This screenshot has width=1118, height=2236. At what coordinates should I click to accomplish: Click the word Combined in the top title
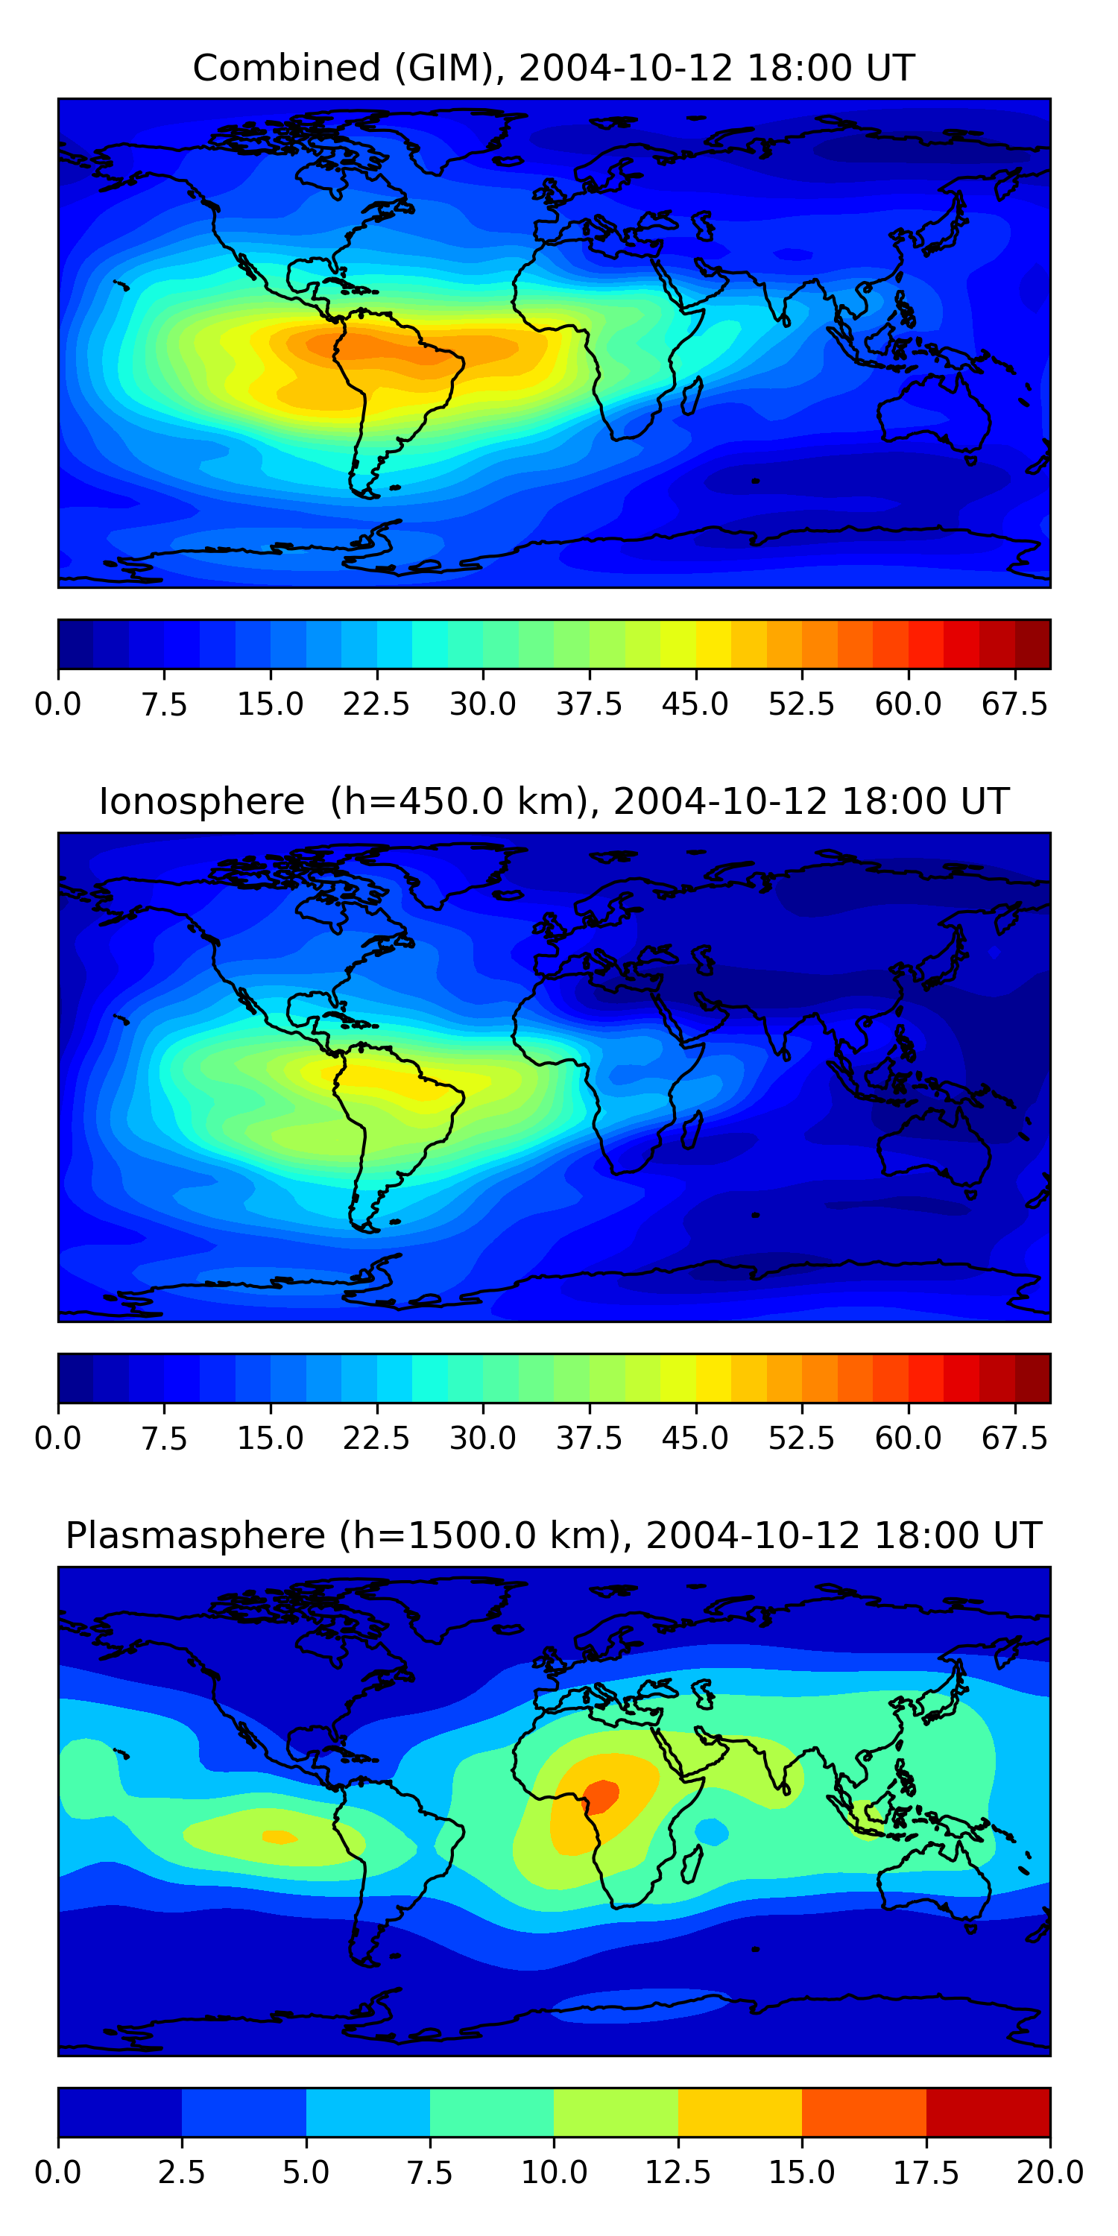pyautogui.click(x=286, y=68)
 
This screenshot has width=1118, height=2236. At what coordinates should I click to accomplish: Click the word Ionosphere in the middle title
pyautogui.click(x=201, y=801)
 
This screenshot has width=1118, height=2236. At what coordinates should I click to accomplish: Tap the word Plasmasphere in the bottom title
pyautogui.click(x=195, y=1535)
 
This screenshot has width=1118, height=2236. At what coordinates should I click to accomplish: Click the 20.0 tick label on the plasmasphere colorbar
pyautogui.click(x=1049, y=2173)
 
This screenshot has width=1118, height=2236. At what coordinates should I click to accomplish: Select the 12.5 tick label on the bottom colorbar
pyautogui.click(x=678, y=2173)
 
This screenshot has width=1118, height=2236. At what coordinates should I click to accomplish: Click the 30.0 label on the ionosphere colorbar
pyautogui.click(x=483, y=1438)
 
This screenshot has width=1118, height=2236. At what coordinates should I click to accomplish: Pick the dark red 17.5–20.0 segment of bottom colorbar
pyautogui.click(x=988, y=2112)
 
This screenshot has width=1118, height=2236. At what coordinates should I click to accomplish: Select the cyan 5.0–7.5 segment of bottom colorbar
pyautogui.click(x=368, y=2112)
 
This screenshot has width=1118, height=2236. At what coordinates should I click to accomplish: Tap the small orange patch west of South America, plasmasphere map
pyautogui.click(x=279, y=1837)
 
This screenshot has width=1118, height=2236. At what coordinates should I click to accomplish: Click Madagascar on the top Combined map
pyautogui.click(x=692, y=396)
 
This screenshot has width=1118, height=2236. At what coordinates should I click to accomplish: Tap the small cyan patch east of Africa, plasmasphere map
pyautogui.click(x=712, y=1831)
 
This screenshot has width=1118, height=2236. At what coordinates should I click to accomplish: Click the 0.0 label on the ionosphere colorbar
pyautogui.click(x=58, y=1438)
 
